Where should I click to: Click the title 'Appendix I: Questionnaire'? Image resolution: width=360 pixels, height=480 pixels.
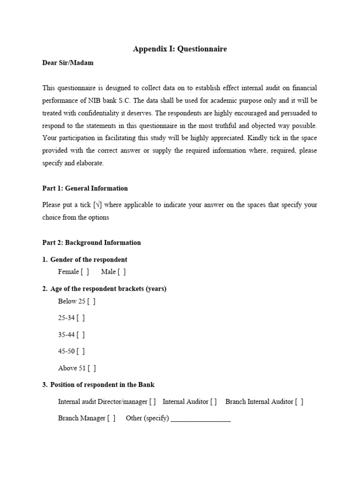coord(180,49)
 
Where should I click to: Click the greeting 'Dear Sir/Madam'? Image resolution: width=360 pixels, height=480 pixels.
coord(67,63)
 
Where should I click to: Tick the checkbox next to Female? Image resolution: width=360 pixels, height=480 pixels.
coord(84,272)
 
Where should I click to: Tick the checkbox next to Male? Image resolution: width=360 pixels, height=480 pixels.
coord(122,272)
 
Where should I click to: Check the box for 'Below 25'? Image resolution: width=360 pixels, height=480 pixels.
coord(91,301)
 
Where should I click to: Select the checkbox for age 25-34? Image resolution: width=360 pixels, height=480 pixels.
coord(81,318)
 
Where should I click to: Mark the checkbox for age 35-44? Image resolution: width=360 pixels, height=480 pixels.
coord(81,335)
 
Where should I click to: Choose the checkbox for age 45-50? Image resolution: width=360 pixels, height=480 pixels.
coord(81,351)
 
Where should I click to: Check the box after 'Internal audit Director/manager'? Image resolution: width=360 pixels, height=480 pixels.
coord(153,402)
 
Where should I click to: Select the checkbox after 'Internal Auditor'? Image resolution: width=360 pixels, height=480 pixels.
coord(213,402)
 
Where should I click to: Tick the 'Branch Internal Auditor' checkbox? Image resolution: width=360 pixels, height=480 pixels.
coord(299,402)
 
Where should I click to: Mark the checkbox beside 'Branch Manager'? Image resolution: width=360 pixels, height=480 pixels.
coord(111,418)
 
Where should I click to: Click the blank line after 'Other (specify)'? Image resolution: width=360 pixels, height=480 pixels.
coord(201,419)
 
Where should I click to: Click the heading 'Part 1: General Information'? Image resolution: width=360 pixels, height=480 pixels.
coord(85,188)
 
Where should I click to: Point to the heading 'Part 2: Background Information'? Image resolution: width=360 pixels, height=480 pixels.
coord(91,243)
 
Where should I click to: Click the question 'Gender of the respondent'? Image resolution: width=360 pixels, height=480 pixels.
coord(89,260)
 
